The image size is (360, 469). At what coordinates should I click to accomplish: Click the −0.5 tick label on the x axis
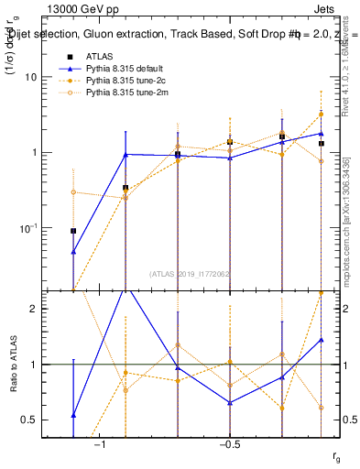coord(228,444)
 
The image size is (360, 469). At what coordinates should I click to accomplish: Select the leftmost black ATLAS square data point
coord(73,231)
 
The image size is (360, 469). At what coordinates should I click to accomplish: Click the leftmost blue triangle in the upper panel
coord(73,251)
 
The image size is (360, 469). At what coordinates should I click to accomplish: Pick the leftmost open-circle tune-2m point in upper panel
coord(73,192)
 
